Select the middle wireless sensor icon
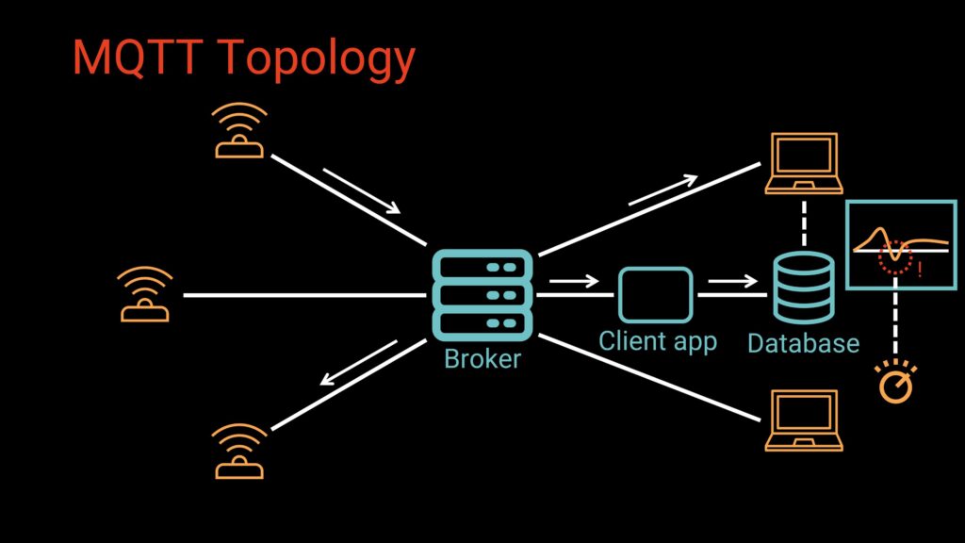pyautogui.click(x=145, y=295)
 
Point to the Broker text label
pyautogui.click(x=482, y=358)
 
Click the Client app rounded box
pyautogui.click(x=655, y=294)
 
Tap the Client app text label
pyautogui.click(x=658, y=340)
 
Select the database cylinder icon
pyautogui.click(x=803, y=288)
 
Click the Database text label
pyautogui.click(x=803, y=343)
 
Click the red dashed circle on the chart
pyautogui.click(x=895, y=257)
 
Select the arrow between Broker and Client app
pyautogui.click(x=573, y=280)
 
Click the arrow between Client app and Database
pyautogui.click(x=732, y=280)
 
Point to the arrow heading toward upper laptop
pyautogui.click(x=663, y=189)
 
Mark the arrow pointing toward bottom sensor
pyautogui.click(x=358, y=364)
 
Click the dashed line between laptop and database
pyautogui.click(x=803, y=222)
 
